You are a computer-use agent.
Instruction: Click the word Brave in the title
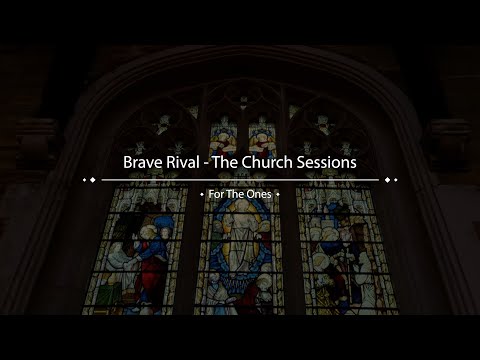coord(143,161)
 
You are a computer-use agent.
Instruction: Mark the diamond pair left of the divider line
coord(89,180)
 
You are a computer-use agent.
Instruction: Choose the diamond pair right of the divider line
coord(391,180)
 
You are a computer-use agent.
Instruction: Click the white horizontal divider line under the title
coord(240,180)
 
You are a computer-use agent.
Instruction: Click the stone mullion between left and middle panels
coord(193,250)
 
